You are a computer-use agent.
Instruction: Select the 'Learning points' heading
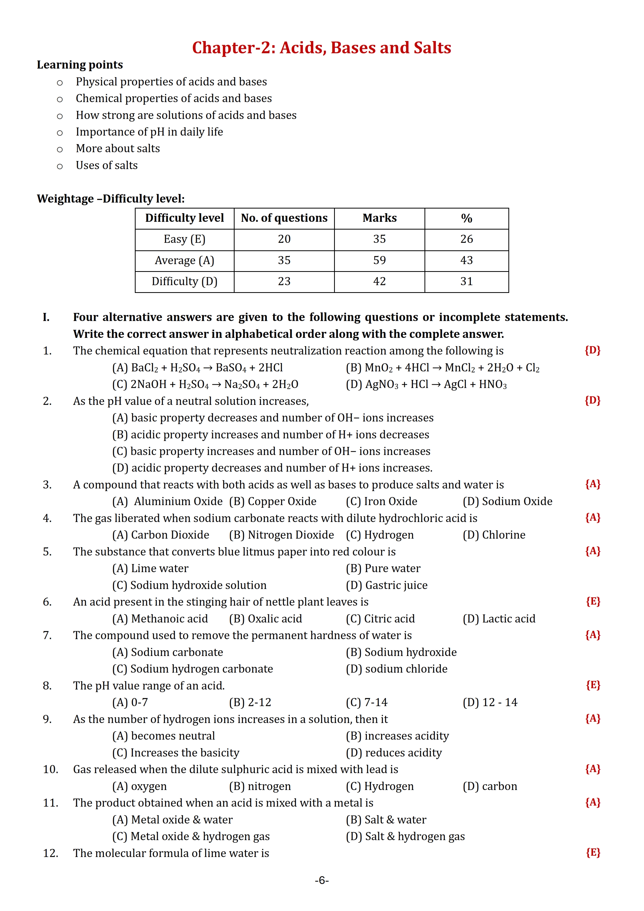pos(80,65)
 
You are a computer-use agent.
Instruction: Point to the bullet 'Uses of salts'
pos(107,165)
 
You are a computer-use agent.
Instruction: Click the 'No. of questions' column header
pos(284,218)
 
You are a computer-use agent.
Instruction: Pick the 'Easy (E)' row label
pos(184,239)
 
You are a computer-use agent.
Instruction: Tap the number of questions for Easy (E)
pos(284,239)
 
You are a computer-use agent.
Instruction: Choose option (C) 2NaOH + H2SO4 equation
pos(205,385)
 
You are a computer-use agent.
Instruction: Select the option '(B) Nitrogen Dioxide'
pos(281,535)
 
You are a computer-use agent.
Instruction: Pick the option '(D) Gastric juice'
pos(387,585)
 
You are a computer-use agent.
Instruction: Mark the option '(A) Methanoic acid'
pos(160,619)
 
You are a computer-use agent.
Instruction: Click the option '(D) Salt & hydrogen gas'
pos(405,836)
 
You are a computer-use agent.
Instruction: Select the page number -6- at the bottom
pos(322,880)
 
